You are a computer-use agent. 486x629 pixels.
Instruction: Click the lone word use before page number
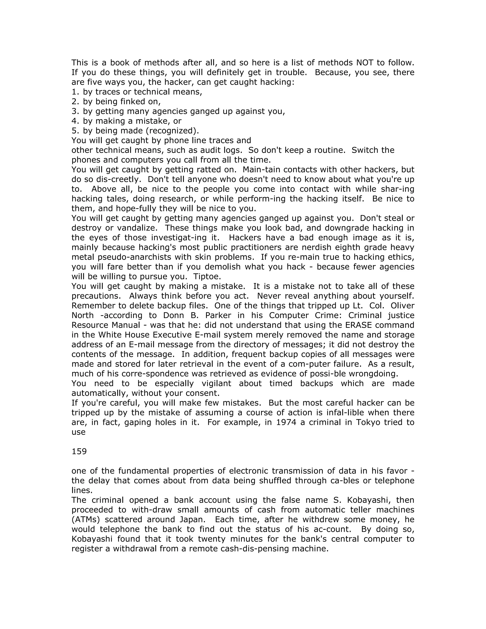click(x=78, y=432)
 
